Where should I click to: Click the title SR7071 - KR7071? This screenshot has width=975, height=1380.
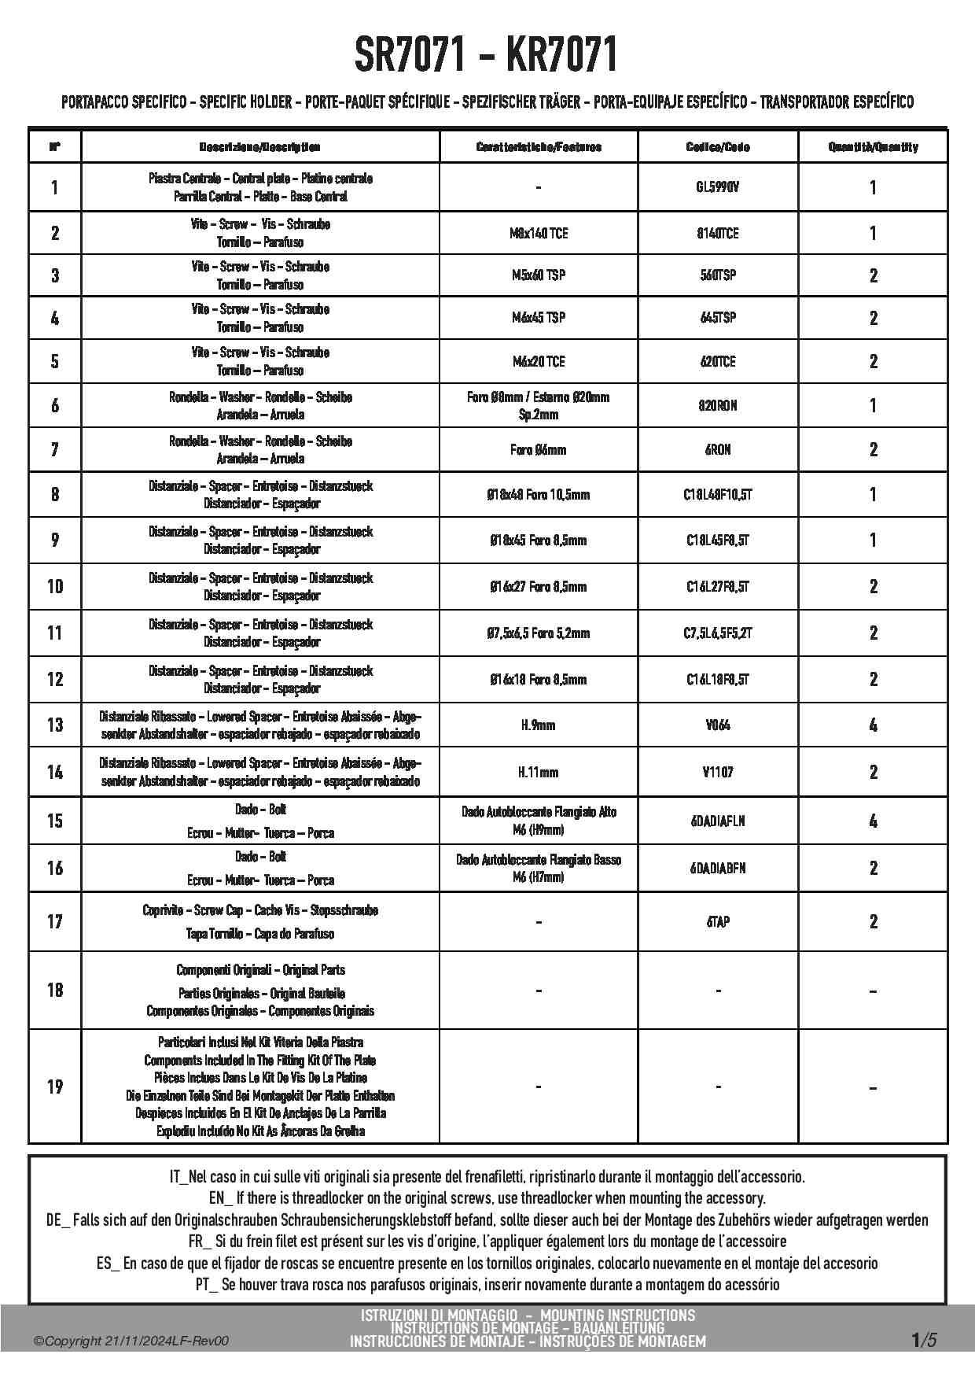click(x=486, y=55)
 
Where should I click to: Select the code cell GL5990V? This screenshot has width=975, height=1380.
click(x=718, y=187)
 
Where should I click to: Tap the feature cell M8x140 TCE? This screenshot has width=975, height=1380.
click(x=539, y=233)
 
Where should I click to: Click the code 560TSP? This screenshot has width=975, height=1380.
click(x=718, y=275)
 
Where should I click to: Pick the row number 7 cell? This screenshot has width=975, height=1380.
click(x=54, y=449)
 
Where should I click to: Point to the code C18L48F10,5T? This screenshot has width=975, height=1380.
click(x=718, y=495)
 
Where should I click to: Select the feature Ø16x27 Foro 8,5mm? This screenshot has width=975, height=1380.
click(x=539, y=586)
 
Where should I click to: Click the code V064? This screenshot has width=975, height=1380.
click(x=718, y=725)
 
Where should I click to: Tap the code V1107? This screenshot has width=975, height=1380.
click(x=718, y=772)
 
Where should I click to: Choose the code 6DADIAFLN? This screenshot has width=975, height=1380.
click(x=718, y=821)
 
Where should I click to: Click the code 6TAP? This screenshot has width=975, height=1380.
click(x=718, y=921)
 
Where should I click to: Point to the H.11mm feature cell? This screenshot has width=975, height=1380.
click(x=539, y=772)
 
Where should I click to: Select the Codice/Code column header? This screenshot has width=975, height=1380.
click(x=718, y=147)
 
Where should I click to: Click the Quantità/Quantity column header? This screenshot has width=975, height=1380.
click(x=873, y=147)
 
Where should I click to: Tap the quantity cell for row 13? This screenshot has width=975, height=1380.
click(x=873, y=725)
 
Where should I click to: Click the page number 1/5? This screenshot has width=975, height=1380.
click(x=923, y=1339)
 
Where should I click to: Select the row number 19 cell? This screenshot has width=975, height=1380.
click(x=54, y=1087)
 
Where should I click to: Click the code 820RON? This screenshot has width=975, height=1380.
click(x=718, y=405)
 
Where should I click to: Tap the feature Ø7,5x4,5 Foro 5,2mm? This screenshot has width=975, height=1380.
click(x=539, y=633)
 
